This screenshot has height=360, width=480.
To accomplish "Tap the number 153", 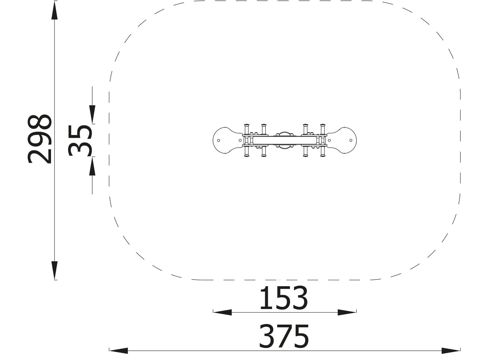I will (283, 298).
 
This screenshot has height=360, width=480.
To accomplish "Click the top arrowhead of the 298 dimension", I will (54, 10).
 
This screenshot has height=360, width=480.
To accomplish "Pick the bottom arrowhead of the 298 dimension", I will (54, 270).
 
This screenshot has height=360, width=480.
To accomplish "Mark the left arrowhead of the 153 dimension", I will (222, 312).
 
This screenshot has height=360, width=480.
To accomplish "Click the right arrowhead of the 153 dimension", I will (347, 312).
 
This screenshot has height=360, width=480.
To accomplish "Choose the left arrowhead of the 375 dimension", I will (118, 350).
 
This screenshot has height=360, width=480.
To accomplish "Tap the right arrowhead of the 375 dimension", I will (451, 350).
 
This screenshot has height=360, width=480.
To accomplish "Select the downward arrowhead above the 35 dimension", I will (92, 114).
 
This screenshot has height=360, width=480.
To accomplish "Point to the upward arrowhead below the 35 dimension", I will (92, 166).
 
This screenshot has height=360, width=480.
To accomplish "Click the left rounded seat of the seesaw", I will (225, 140).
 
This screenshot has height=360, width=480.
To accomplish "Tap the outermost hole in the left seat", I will (219, 140).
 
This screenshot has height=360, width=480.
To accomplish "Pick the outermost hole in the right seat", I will (351, 140).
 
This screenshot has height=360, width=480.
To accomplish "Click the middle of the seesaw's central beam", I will (284, 140).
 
